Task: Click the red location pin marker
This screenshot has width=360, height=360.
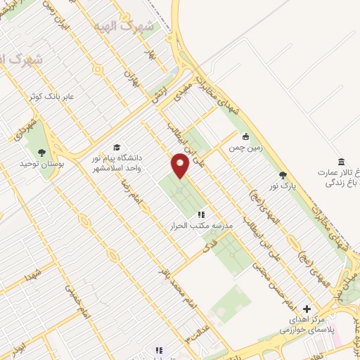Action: [180, 166]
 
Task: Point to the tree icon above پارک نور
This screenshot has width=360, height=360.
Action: [283, 176]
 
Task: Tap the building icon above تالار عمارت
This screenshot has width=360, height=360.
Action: [341, 162]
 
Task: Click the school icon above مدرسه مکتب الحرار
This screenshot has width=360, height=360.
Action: [200, 214]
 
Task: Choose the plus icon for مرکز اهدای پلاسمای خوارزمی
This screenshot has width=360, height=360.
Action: [307, 309]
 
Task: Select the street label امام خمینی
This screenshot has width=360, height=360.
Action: [78, 300]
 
